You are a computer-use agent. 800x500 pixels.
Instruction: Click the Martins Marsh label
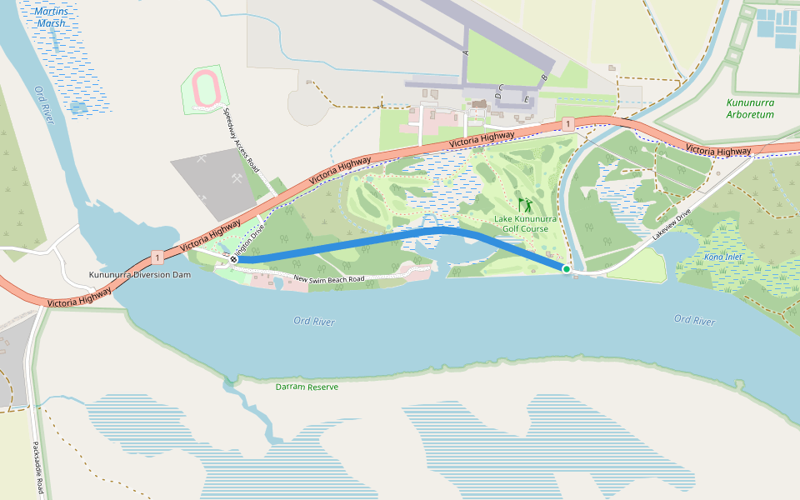[52, 17]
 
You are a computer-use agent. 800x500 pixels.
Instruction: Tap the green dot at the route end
[567, 268]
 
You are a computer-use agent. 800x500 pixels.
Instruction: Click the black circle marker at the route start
[234, 259]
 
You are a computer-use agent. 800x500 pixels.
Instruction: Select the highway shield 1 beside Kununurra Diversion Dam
[157, 257]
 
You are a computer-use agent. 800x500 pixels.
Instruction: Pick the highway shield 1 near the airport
[567, 124]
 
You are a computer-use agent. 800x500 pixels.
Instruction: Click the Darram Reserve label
[307, 387]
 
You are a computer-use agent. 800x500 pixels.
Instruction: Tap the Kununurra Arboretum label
[750, 108]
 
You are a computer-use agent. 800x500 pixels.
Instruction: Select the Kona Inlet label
[722, 257]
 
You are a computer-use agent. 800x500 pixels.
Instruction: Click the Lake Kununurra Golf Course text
[522, 223]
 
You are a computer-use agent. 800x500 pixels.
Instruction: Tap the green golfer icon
[525, 204]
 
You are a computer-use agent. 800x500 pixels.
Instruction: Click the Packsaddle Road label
[37, 467]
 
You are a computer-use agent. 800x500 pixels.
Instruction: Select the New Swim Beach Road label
[329, 278]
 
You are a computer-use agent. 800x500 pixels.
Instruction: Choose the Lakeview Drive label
[672, 225]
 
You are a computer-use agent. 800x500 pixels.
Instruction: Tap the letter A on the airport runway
[465, 52]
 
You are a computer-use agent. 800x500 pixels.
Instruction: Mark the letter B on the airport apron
[544, 78]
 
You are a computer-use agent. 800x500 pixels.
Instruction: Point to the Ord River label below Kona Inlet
[694, 320]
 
